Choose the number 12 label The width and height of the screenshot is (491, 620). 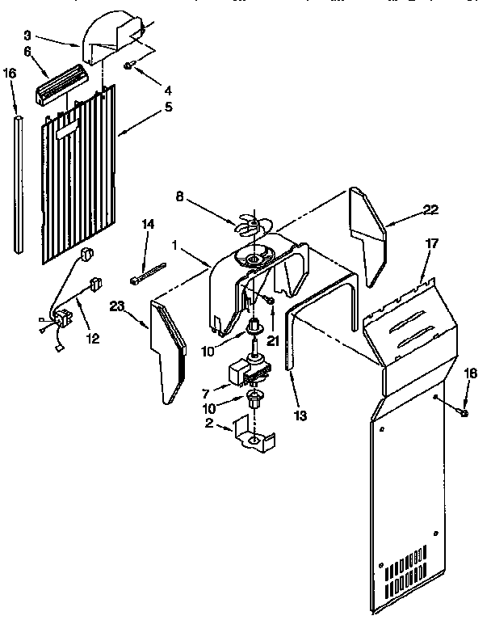coord(93,339)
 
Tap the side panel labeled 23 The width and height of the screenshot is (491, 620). coord(170,348)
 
